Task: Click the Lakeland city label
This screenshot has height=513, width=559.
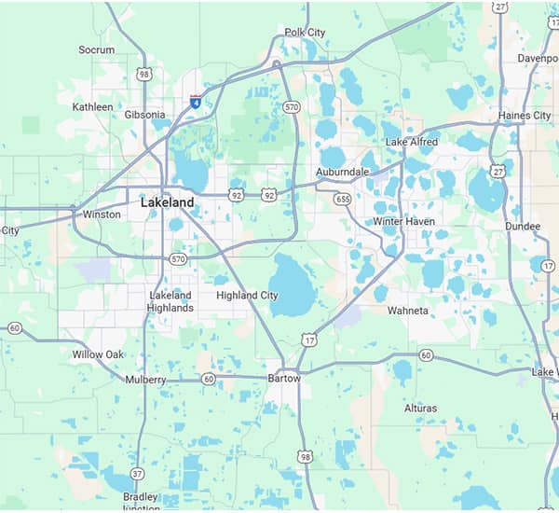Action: pyautogui.click(x=168, y=202)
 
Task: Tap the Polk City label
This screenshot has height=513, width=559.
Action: pyautogui.click(x=305, y=33)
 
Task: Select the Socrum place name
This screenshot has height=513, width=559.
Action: pyautogui.click(x=97, y=50)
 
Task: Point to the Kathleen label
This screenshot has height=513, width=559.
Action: pyautogui.click(x=93, y=107)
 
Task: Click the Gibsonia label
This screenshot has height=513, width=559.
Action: pyautogui.click(x=144, y=115)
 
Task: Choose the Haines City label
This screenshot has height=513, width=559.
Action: pyautogui.click(x=524, y=116)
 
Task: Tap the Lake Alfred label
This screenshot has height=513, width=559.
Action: pyautogui.click(x=410, y=142)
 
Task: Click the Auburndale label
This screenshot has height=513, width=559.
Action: pyautogui.click(x=343, y=173)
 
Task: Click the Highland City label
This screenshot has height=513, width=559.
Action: pyautogui.click(x=247, y=296)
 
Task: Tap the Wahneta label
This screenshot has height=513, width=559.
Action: pyautogui.click(x=407, y=311)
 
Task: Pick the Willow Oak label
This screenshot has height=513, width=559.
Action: pyautogui.click(x=98, y=354)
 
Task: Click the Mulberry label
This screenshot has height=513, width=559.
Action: pyautogui.click(x=145, y=380)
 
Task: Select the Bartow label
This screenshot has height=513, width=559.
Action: pyautogui.click(x=284, y=379)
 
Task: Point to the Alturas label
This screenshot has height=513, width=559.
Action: pyautogui.click(x=420, y=409)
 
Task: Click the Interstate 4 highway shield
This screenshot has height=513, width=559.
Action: pyautogui.click(x=196, y=103)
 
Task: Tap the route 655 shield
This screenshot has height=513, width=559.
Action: pyautogui.click(x=343, y=199)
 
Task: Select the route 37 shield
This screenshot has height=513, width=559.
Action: pyautogui.click(x=137, y=474)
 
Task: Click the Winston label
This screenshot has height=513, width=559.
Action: pyautogui.click(x=102, y=215)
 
